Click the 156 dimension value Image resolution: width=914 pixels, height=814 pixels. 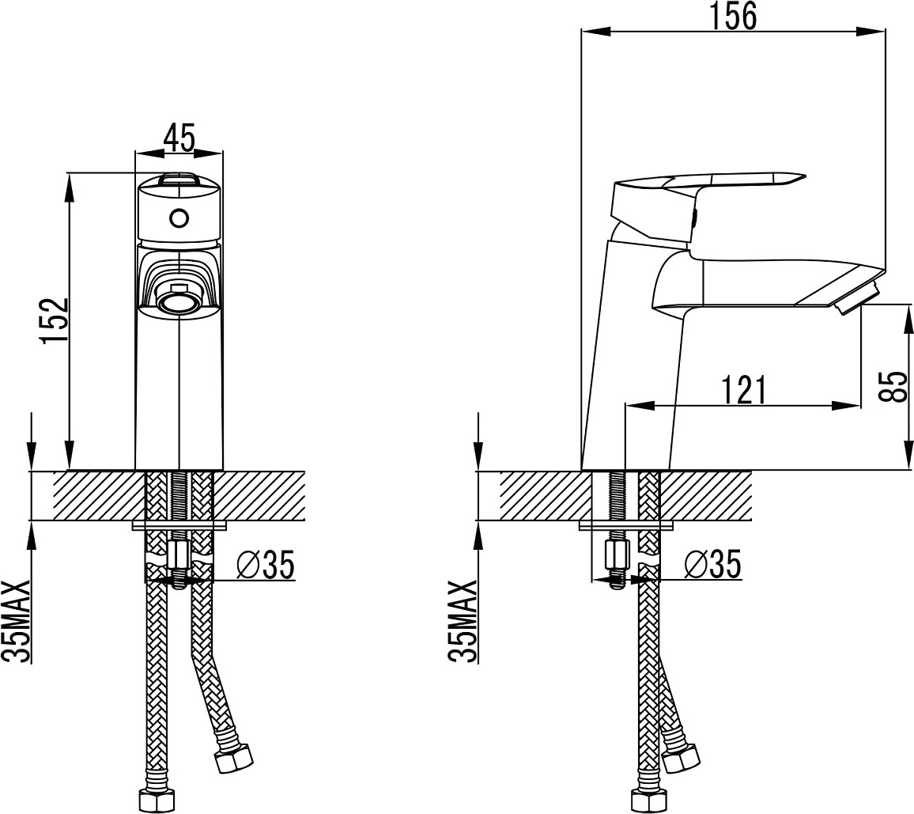tap(733, 16)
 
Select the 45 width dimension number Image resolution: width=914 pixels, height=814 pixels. tap(179, 138)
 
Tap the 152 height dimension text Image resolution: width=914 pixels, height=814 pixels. tap(55, 321)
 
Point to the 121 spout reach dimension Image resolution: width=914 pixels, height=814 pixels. tap(743, 390)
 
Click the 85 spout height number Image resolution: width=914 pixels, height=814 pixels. tap(893, 386)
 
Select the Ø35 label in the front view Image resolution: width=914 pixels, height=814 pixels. tap(266, 565)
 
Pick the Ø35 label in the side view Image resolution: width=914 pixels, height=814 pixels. tap(713, 564)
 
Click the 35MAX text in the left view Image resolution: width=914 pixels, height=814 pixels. tap(16, 621)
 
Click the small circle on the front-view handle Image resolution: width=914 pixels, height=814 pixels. tap(179, 218)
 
